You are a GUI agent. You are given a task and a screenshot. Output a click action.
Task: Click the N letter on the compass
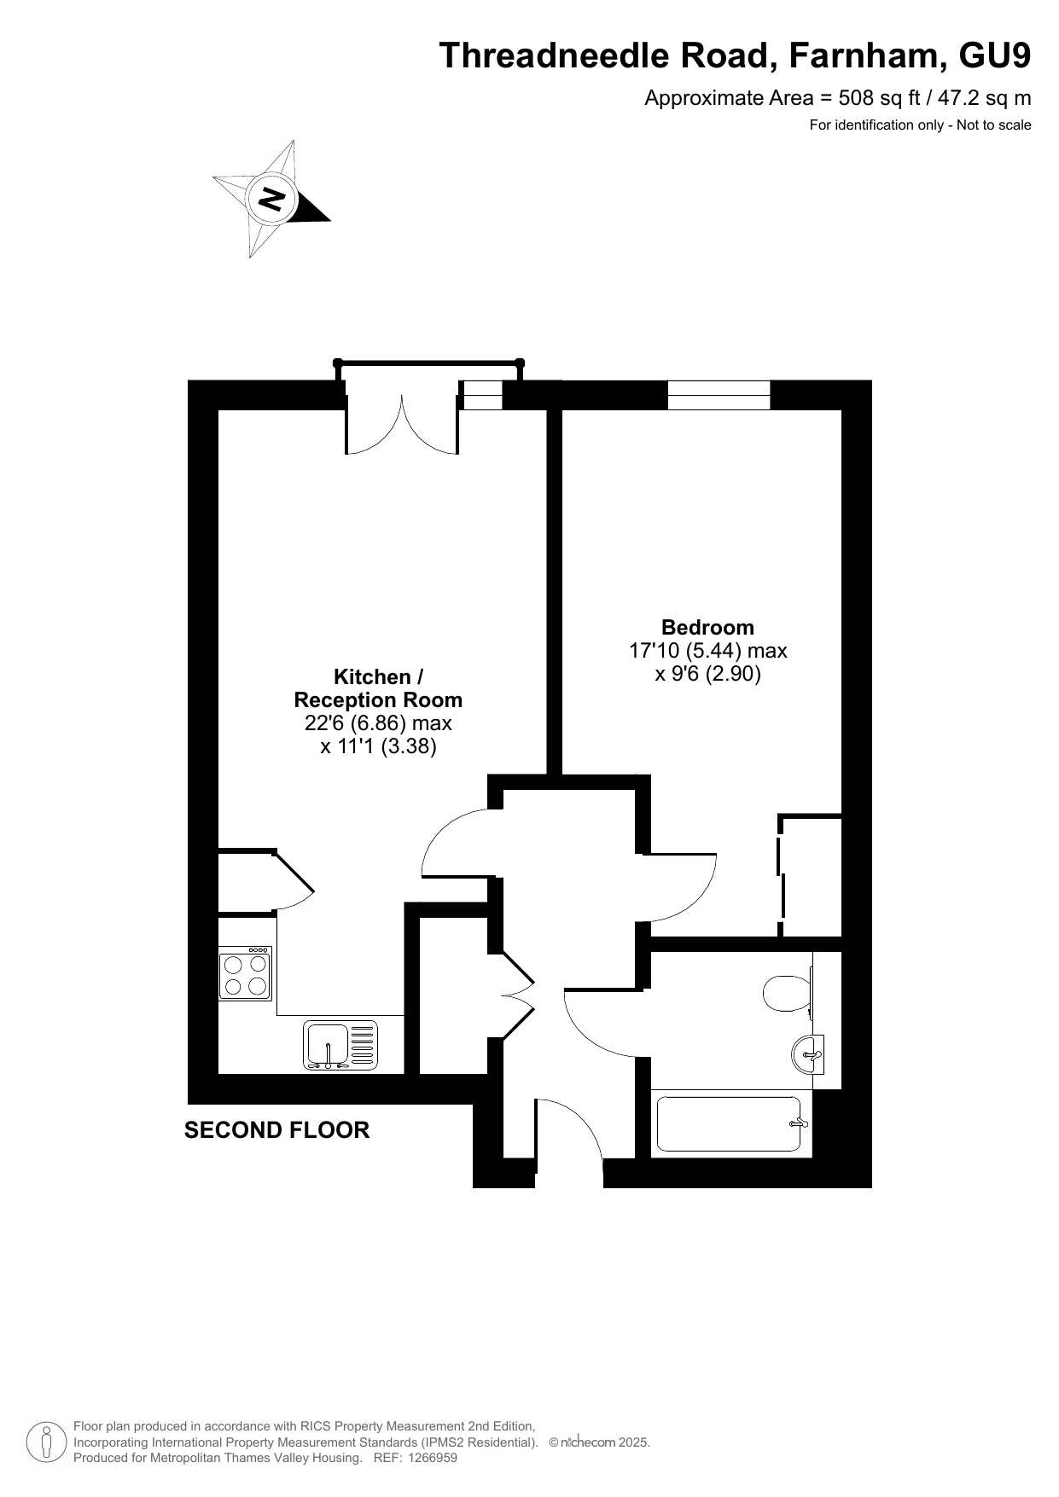click(272, 200)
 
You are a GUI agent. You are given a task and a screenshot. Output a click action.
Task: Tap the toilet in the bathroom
click(788, 993)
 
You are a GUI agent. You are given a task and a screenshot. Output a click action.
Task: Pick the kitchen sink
click(340, 1045)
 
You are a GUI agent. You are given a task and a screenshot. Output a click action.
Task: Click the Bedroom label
click(707, 627)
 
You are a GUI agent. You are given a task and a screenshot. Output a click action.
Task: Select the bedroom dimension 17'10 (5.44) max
click(707, 651)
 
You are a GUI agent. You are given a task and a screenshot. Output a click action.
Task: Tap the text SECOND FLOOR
click(276, 1130)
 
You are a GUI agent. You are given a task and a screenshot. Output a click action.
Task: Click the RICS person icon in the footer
click(46, 1442)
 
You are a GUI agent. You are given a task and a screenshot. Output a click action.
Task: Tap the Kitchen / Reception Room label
click(378, 688)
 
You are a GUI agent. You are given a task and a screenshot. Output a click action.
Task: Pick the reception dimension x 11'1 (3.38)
click(378, 747)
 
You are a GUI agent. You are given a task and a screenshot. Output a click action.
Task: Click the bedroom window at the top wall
click(719, 395)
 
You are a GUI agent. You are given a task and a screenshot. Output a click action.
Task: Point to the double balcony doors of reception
click(402, 418)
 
